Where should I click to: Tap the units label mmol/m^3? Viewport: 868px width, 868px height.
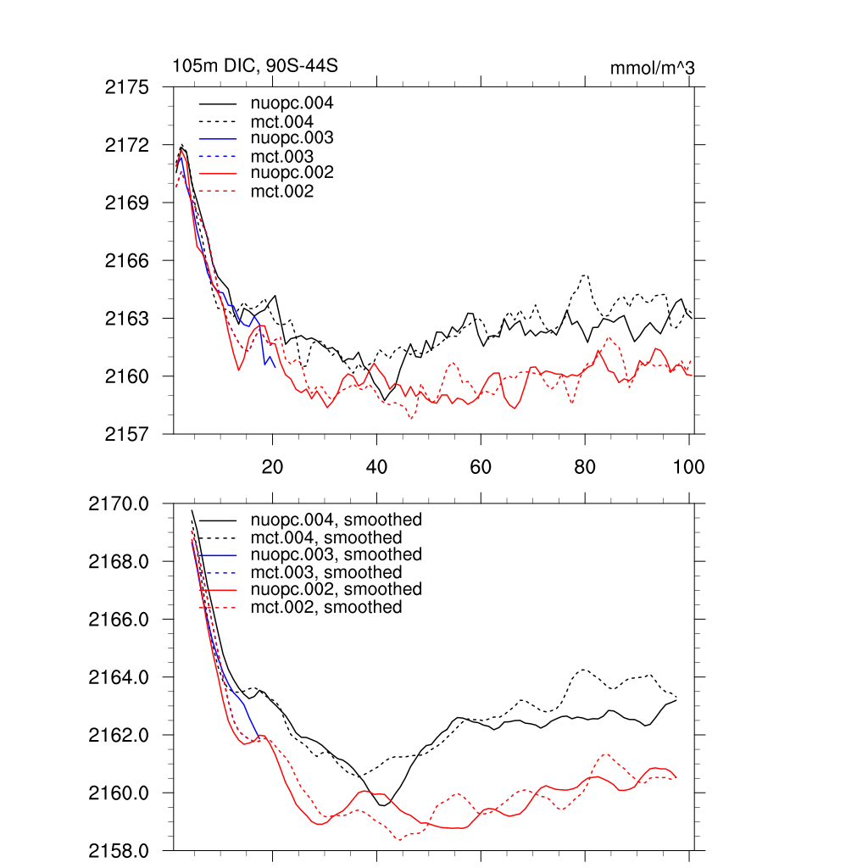tap(652, 68)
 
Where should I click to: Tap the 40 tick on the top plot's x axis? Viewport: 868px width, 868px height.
tap(376, 466)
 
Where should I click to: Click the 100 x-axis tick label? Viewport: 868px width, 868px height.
tap(688, 466)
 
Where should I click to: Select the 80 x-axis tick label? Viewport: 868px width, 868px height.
tap(585, 466)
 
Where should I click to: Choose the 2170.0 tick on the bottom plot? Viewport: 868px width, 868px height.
tap(119, 504)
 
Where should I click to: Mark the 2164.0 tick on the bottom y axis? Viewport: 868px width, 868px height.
tap(119, 677)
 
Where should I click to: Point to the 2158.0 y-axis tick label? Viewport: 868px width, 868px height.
tap(119, 850)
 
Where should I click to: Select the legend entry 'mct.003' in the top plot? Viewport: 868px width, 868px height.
tap(282, 157)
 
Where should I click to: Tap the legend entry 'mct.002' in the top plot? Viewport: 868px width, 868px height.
tap(282, 192)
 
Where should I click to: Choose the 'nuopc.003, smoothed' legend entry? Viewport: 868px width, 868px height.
tap(337, 554)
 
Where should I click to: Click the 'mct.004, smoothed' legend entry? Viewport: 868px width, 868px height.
tap(326, 537)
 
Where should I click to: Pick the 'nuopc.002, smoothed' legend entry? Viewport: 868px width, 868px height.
tap(337, 589)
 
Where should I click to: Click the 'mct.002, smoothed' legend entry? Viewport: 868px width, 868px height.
tap(326, 607)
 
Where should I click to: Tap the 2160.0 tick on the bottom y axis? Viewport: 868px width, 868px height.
tap(119, 793)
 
